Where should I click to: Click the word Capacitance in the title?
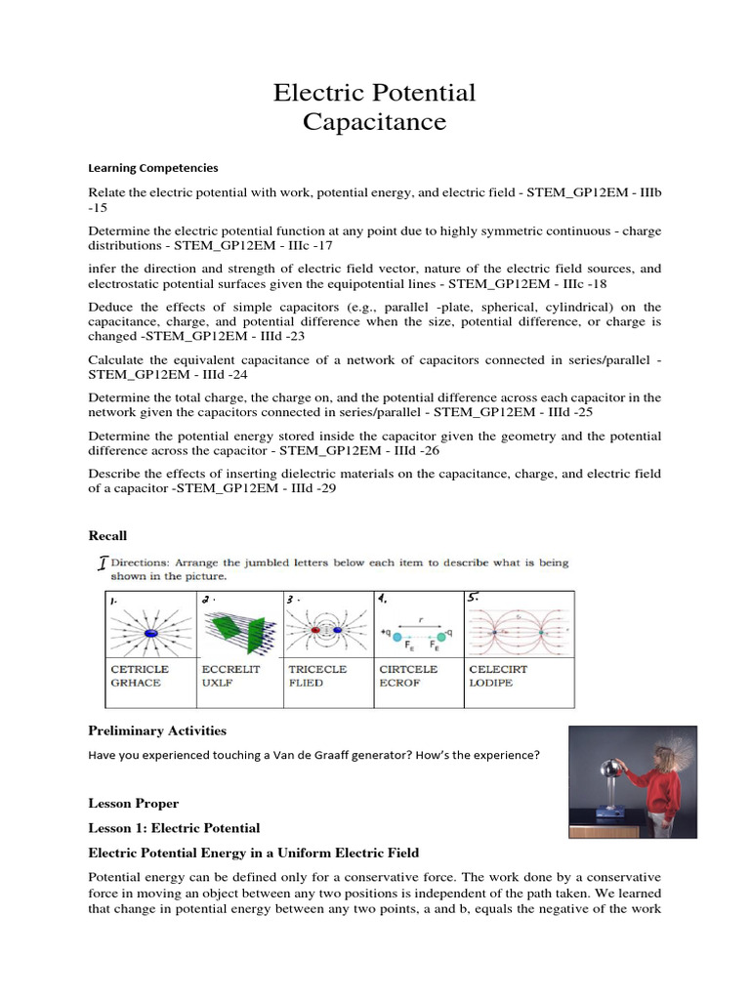click(374, 122)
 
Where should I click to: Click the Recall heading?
click(107, 536)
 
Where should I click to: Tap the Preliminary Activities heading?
click(156, 730)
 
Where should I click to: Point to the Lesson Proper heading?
click(133, 804)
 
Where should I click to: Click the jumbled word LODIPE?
click(491, 683)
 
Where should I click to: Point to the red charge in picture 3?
click(314, 631)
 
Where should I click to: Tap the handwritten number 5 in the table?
click(476, 598)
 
